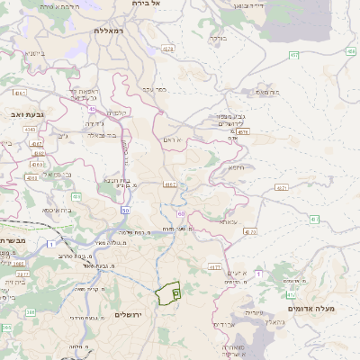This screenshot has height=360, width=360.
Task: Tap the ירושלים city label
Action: coord(129,314)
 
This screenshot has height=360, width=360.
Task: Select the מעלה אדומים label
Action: coord(310,309)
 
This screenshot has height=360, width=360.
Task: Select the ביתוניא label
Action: coord(34,53)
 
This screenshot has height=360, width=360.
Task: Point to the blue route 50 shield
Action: coord(125,210)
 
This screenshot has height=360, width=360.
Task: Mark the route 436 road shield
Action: coord(76,196)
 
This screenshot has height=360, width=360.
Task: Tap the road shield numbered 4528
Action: coord(168,48)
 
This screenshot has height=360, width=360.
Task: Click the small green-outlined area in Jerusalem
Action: coord(167,293)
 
